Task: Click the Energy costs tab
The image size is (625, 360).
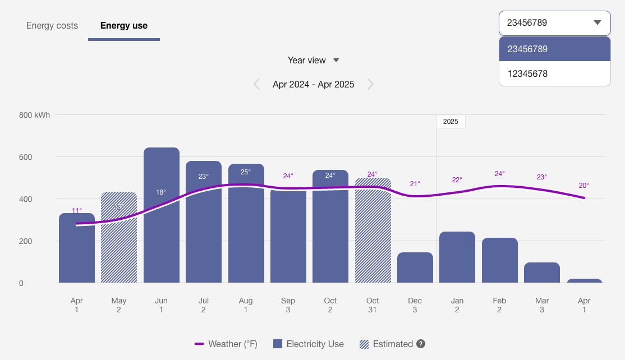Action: pos(52,26)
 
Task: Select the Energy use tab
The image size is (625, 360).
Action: pos(124,26)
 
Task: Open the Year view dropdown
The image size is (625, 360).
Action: pos(313,60)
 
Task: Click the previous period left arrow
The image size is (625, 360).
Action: pos(257,85)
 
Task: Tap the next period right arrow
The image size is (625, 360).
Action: pos(370,85)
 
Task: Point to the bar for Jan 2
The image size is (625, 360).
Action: pos(457,257)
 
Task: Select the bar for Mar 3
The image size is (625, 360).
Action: pos(542,273)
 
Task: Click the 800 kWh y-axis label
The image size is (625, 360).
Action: pos(34,116)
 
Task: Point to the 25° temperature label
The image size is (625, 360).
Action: pos(246,172)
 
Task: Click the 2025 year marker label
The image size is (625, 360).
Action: pos(451,122)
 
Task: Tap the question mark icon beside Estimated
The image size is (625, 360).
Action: pos(420,344)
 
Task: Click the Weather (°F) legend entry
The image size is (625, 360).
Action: pos(226,344)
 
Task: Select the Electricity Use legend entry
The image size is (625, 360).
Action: pos(309,344)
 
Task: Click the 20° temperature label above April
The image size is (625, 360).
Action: pos(584,186)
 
